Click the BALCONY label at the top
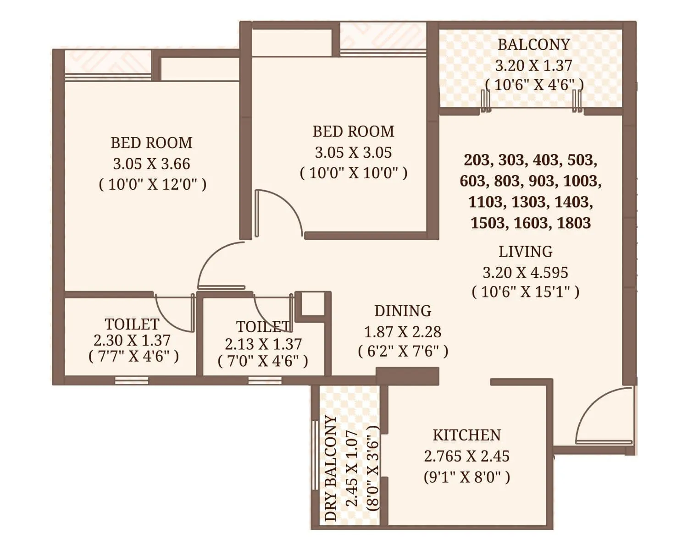click(x=533, y=44)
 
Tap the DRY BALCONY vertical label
click(x=331, y=468)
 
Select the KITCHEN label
click(x=466, y=434)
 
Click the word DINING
click(x=403, y=311)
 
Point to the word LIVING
click(x=526, y=252)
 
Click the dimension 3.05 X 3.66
click(x=151, y=164)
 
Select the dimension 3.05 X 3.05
click(x=353, y=152)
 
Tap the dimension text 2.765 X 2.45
click(x=466, y=456)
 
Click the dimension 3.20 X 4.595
click(x=525, y=272)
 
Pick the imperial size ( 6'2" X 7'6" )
click(x=403, y=351)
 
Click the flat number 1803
click(x=573, y=223)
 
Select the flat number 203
click(x=477, y=160)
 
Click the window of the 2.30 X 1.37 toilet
click(x=132, y=380)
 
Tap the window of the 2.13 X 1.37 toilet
click(x=265, y=380)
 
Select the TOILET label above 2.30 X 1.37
click(x=132, y=324)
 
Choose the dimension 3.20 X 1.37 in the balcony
click(x=533, y=66)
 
